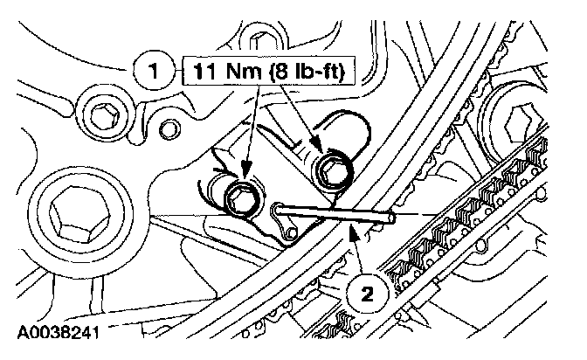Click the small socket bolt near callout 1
103,114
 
